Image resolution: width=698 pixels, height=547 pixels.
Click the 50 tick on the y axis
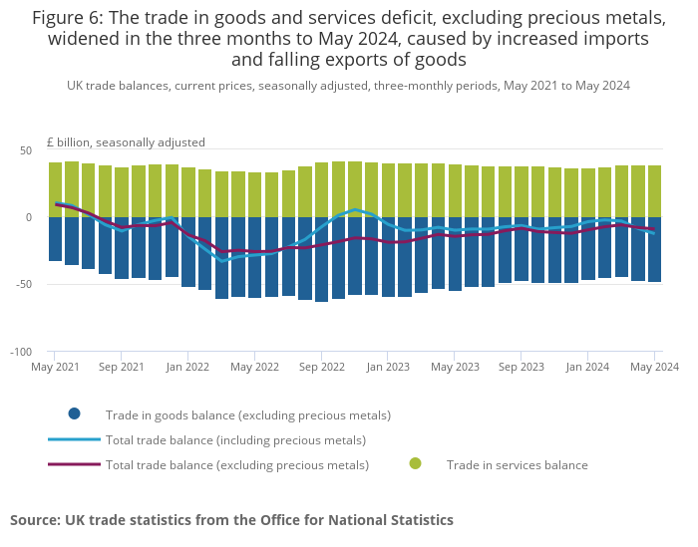(26, 150)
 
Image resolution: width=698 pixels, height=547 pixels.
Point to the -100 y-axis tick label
(20, 352)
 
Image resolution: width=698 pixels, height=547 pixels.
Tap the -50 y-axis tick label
(23, 284)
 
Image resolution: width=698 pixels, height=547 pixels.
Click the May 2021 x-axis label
(55, 367)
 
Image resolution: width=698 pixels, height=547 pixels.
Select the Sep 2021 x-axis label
(121, 367)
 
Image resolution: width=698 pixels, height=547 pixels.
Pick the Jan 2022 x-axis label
(187, 367)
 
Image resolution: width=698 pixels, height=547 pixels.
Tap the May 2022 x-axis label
(254, 367)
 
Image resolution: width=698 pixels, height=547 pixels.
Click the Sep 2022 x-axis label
(321, 367)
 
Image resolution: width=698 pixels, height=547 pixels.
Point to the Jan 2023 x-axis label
(388, 367)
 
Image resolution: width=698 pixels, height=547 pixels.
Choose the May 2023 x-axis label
(455, 367)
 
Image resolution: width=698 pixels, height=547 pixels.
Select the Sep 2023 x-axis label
(521, 367)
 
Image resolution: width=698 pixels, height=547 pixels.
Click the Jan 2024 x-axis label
(587, 367)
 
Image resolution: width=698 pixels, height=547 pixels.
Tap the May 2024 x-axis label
(654, 367)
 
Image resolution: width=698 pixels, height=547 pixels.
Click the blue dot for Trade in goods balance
(74, 414)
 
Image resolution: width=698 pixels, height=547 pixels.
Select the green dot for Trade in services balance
(415, 463)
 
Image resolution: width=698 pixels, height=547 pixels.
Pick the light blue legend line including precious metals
(74, 439)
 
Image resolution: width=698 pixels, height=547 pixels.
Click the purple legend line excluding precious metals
(74, 464)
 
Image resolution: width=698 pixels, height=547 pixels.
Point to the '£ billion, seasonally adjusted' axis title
(126, 141)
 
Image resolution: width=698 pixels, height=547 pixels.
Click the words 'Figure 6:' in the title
(67, 18)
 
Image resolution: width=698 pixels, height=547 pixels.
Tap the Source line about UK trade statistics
(231, 519)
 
